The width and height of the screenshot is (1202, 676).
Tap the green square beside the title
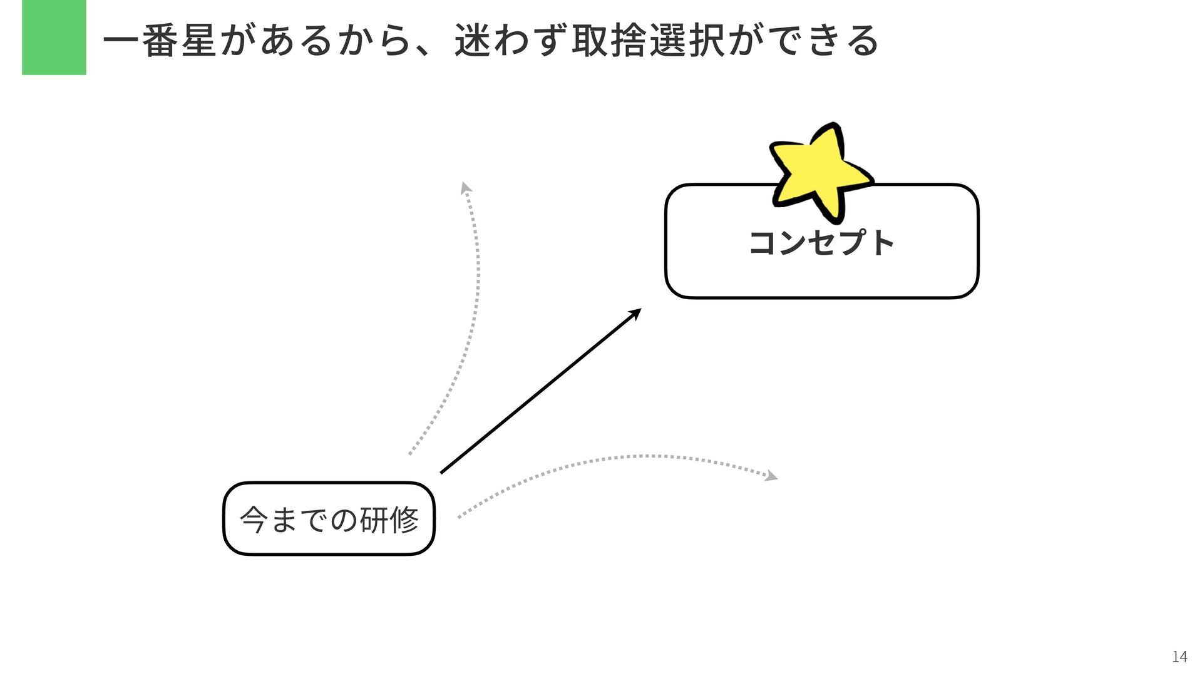(x=54, y=38)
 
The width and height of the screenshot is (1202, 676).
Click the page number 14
(x=1179, y=657)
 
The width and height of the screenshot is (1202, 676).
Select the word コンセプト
(x=821, y=242)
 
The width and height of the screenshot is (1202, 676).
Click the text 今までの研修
(x=329, y=519)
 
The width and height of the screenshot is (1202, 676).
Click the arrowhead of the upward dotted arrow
(x=465, y=187)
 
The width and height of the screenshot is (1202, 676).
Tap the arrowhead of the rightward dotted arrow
(x=772, y=476)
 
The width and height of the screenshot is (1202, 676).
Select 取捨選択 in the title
(x=649, y=41)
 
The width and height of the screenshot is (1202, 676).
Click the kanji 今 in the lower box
(x=254, y=519)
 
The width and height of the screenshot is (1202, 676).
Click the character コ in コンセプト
(x=762, y=242)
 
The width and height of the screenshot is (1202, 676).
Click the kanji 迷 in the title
(x=473, y=41)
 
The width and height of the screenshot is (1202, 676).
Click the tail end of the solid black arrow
(x=443, y=471)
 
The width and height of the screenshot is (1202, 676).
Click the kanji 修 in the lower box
(x=404, y=519)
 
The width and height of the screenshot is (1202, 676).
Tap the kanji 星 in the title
(x=198, y=41)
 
